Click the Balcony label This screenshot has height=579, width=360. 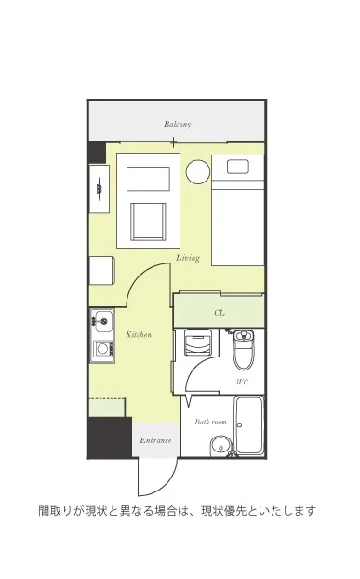click(178, 124)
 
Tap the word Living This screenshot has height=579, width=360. click(188, 258)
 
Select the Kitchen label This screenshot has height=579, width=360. click(139, 334)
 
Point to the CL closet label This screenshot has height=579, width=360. click(220, 313)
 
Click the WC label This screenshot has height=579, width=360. click(243, 382)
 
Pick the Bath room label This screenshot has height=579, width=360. click(210, 422)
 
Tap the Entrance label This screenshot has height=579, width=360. click(155, 440)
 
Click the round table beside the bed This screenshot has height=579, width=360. click(198, 171)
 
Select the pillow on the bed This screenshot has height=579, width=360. click(238, 167)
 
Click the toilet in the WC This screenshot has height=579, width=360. click(243, 349)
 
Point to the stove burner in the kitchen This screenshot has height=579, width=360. click(102, 348)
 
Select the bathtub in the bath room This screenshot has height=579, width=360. click(249, 425)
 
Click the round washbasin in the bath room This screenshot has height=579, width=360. click(220, 447)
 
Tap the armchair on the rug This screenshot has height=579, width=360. click(148, 222)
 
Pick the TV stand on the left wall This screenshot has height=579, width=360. click(100, 189)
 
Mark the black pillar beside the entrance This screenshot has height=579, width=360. click(110, 438)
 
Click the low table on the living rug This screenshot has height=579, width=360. click(148, 179)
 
